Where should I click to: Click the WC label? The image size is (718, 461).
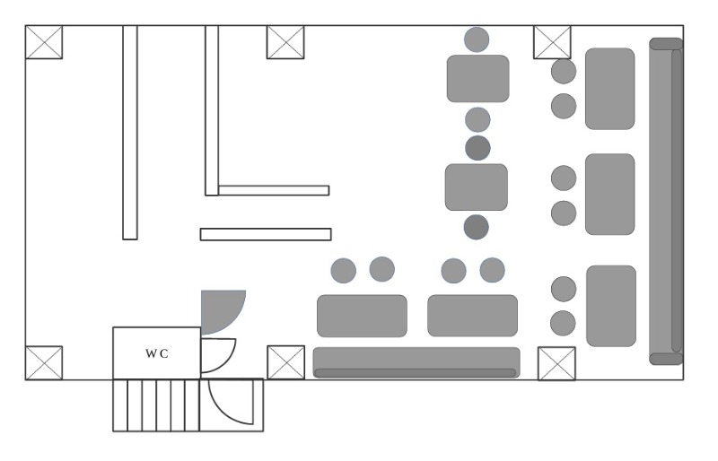point(157,353)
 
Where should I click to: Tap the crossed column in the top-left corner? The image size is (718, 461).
point(44,42)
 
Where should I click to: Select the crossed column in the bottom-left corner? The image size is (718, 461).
point(44,363)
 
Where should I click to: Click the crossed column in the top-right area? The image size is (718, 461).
point(552,42)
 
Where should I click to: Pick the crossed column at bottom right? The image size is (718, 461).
point(556,363)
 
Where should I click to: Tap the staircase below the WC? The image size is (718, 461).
point(156,405)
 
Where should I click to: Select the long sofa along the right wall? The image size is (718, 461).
point(666,202)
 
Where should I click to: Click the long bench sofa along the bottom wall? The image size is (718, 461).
point(416,362)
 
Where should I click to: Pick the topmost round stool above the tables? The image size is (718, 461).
point(477,39)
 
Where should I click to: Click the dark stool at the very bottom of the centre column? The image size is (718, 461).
point(477,227)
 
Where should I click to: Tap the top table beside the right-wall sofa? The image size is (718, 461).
point(610,89)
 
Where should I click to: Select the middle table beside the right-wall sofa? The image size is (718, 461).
point(610,195)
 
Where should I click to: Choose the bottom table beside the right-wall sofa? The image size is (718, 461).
point(611,306)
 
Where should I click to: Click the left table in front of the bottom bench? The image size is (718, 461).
point(363,316)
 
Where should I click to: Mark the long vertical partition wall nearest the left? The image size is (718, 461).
point(130,133)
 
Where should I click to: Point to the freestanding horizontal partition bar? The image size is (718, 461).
point(266,234)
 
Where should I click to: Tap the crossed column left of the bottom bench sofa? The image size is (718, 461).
point(285,362)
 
